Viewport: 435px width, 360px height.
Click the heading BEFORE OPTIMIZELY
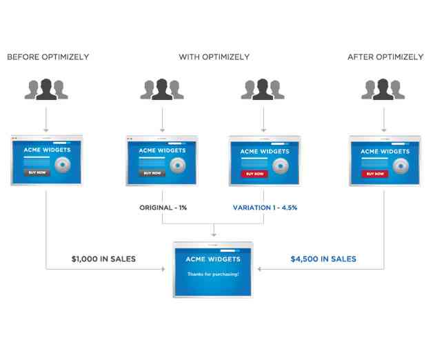[x=48, y=57]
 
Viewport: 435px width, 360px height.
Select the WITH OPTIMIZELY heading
[x=214, y=57]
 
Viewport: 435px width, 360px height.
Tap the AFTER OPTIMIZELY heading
[x=385, y=57]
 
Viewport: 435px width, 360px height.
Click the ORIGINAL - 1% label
[x=163, y=208]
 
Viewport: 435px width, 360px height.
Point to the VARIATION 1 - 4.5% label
[x=265, y=208]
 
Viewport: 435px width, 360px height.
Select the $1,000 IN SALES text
[x=104, y=259]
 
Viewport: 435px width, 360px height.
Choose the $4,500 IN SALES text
[x=323, y=259]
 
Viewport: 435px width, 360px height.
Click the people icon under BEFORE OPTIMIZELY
[x=46, y=89]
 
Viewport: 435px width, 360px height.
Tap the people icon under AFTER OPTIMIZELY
[x=383, y=89]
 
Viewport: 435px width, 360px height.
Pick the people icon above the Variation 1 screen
[x=263, y=89]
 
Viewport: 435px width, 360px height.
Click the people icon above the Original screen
[x=162, y=89]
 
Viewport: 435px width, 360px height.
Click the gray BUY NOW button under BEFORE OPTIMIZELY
[x=37, y=172]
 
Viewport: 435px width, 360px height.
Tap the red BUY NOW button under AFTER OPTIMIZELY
[x=375, y=174]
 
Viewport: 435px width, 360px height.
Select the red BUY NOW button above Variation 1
[x=254, y=174]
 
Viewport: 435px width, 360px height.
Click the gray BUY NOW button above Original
[x=152, y=173]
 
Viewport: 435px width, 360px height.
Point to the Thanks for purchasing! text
[x=213, y=274]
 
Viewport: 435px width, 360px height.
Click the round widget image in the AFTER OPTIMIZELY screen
[x=401, y=166]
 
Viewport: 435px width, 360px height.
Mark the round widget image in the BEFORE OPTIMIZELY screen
[x=63, y=165]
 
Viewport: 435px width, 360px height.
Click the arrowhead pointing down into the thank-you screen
[x=214, y=234]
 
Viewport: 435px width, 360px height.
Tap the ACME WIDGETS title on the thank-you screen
[x=213, y=259]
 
